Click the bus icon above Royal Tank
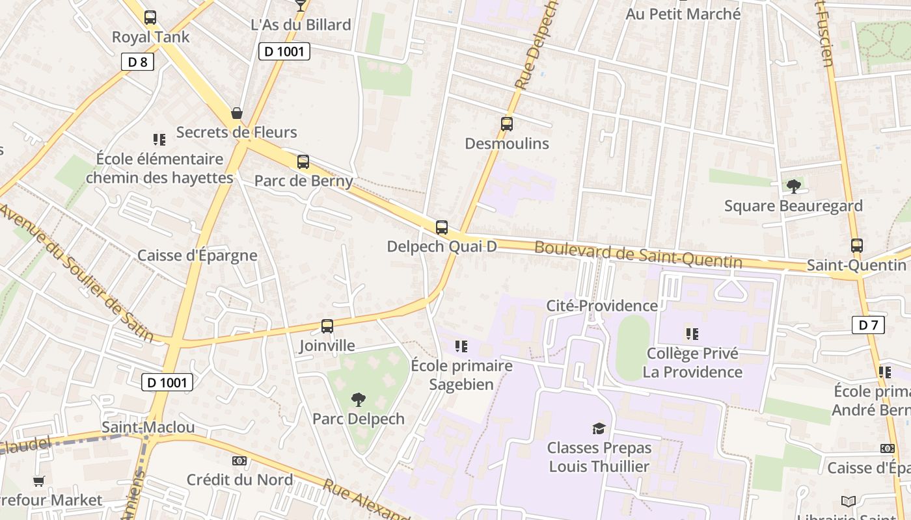[150, 18]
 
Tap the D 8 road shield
[137, 62]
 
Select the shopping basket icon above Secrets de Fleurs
[237, 113]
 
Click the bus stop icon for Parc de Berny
[303, 162]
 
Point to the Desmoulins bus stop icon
[507, 124]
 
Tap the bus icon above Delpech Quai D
[442, 227]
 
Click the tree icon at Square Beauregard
[793, 187]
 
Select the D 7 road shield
[868, 325]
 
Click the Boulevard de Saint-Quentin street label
[638, 254]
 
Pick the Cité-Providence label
[602, 305]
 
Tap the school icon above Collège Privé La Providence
[692, 334]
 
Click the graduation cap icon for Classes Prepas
[599, 428]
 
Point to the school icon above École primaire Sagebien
[461, 346]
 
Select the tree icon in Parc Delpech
[358, 399]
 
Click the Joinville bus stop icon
[327, 326]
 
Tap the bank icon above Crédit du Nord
[239, 461]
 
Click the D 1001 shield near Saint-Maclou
[167, 382]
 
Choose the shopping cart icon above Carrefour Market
[39, 482]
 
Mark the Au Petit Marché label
[683, 14]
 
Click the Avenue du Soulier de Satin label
[77, 272]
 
